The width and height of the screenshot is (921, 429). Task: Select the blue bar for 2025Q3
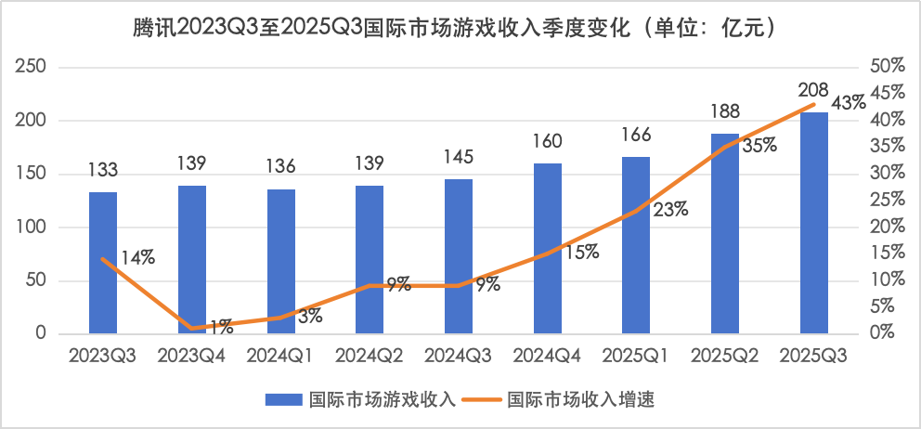click(814, 223)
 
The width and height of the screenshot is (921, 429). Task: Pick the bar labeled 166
click(636, 245)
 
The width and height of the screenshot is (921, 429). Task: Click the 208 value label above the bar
click(814, 91)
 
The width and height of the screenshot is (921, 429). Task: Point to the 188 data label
click(725, 112)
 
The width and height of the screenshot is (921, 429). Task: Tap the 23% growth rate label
click(670, 209)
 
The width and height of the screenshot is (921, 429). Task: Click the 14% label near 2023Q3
click(136, 259)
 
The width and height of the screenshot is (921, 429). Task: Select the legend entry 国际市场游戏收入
click(362, 399)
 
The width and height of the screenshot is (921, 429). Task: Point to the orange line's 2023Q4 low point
click(192, 328)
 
